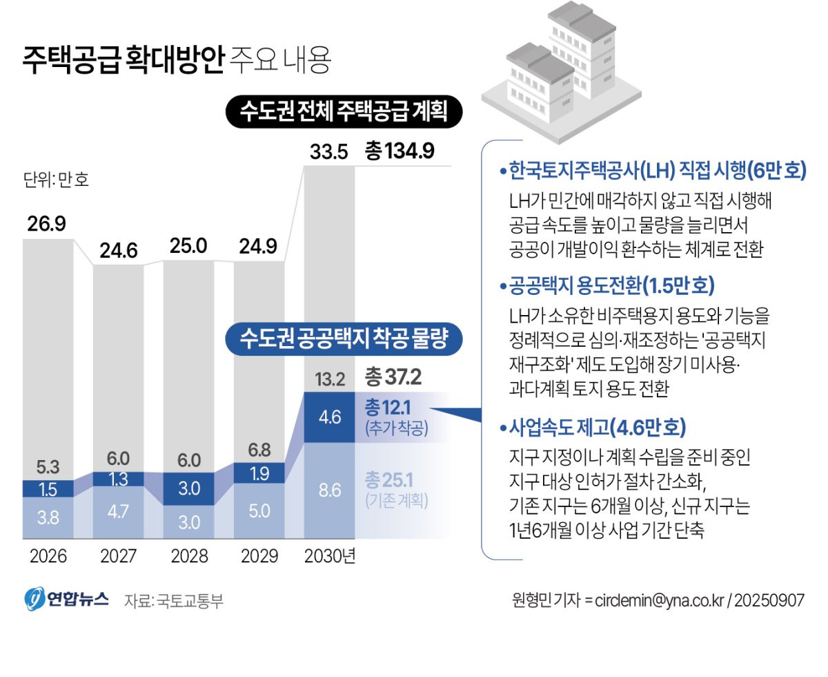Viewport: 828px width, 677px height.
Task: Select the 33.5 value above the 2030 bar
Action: point(328,151)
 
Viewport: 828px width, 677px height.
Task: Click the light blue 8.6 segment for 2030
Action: point(329,491)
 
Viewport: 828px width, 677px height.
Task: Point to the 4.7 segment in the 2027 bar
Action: point(118,512)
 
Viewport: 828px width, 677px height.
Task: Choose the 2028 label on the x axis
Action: point(188,556)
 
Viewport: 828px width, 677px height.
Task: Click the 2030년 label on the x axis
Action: point(330,556)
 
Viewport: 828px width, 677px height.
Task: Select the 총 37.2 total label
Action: point(393,377)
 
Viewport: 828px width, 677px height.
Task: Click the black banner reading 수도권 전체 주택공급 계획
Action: point(343,111)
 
